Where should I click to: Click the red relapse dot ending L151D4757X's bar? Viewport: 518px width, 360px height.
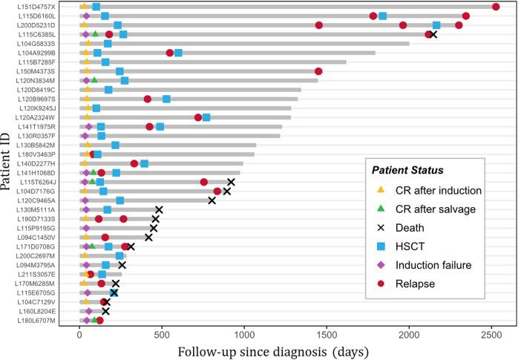tap(496, 7)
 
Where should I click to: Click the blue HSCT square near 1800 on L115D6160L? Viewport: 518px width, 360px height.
tap(382, 16)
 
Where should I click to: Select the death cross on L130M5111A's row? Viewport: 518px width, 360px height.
tap(159, 210)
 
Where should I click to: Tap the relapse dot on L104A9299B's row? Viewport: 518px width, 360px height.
tap(170, 53)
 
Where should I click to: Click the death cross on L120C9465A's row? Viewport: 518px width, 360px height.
tap(212, 200)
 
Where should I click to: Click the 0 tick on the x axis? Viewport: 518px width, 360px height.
tap(79, 333)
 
